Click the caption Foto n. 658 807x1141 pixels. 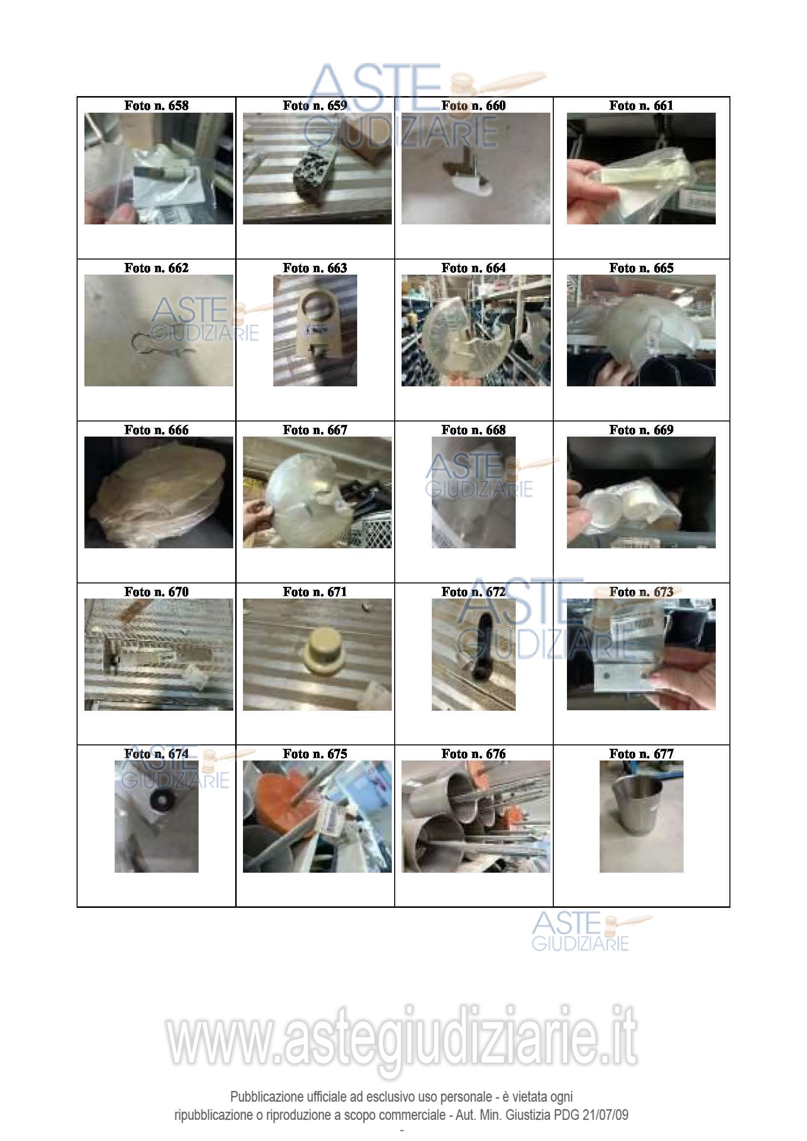[156, 105]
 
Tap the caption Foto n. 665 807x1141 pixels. [641, 268]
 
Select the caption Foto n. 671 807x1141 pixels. [315, 592]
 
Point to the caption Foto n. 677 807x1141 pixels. [641, 754]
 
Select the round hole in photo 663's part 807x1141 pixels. [316, 308]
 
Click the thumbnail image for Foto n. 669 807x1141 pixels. [641, 493]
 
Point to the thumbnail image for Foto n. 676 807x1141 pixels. [476, 817]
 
